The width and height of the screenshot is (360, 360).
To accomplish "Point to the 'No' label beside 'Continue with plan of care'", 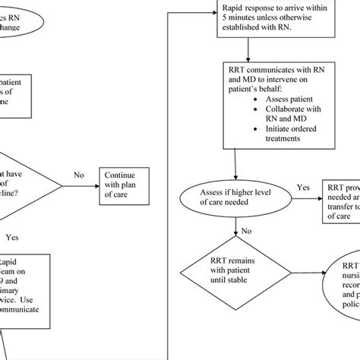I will [78, 175].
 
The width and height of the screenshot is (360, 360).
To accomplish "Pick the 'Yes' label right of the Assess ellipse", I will [303, 187].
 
